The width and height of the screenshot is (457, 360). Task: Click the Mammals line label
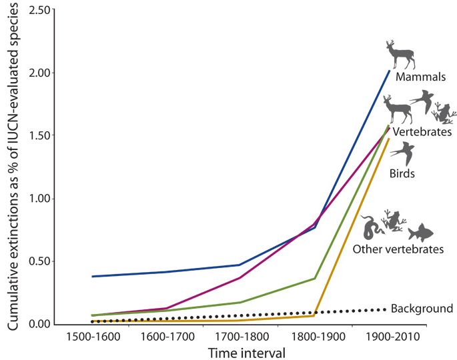click(420, 77)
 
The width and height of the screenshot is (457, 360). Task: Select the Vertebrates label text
click(422, 132)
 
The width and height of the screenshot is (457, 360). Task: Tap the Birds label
click(402, 174)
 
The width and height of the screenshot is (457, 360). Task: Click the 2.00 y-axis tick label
click(37, 73)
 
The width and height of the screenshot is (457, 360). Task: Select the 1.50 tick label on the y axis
click(37, 135)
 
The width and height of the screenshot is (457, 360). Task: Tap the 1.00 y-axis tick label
click(37, 199)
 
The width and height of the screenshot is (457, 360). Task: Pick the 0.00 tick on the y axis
click(37, 324)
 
